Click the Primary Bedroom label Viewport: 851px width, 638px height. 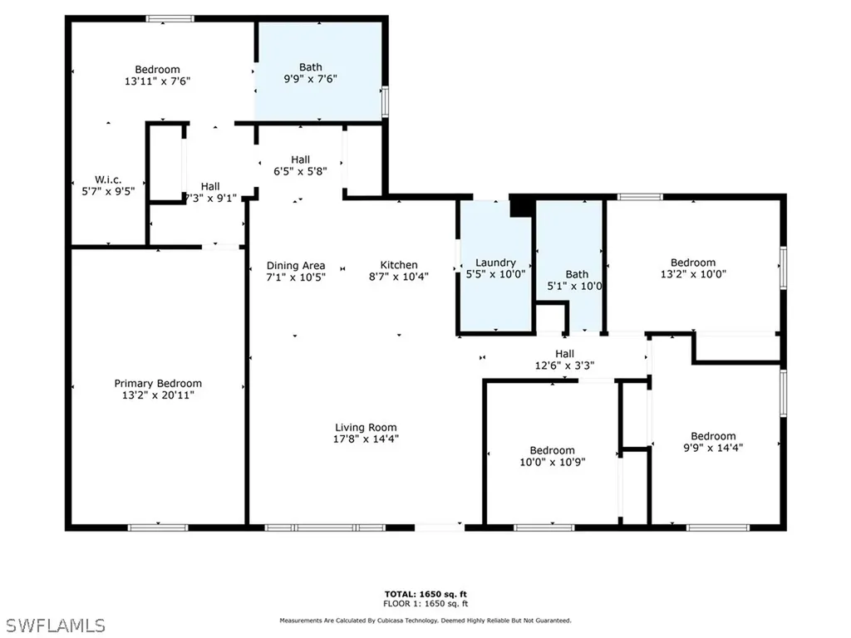point(158,384)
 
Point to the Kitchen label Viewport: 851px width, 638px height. point(399,265)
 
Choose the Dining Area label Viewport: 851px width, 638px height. point(296,265)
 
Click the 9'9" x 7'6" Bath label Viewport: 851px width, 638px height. point(311,67)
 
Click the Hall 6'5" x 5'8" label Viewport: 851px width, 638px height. point(301,159)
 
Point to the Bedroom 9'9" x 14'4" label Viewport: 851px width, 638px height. point(713,436)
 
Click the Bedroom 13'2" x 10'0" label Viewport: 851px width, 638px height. point(693,263)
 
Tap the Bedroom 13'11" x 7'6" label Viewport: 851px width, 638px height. point(158,70)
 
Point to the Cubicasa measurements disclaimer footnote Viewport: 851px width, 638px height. point(425,621)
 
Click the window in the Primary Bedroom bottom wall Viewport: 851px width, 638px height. point(158,528)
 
